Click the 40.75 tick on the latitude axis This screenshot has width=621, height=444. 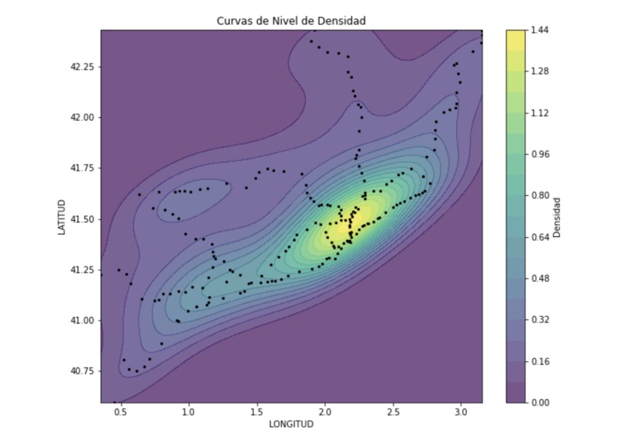[x=83, y=371]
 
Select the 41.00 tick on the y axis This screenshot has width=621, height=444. [x=83, y=320]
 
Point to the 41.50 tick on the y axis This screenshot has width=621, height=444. [x=83, y=219]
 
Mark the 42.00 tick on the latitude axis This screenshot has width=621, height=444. [x=83, y=118]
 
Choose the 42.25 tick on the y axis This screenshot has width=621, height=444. [x=83, y=67]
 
